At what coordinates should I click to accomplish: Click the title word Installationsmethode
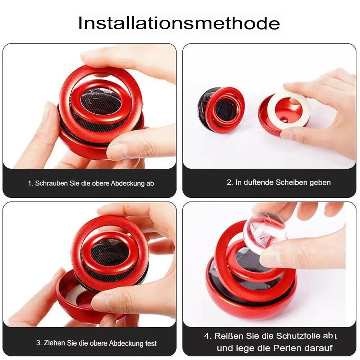click(179, 23)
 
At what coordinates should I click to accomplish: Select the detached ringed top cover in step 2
click(221, 110)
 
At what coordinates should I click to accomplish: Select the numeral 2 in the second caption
click(229, 182)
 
